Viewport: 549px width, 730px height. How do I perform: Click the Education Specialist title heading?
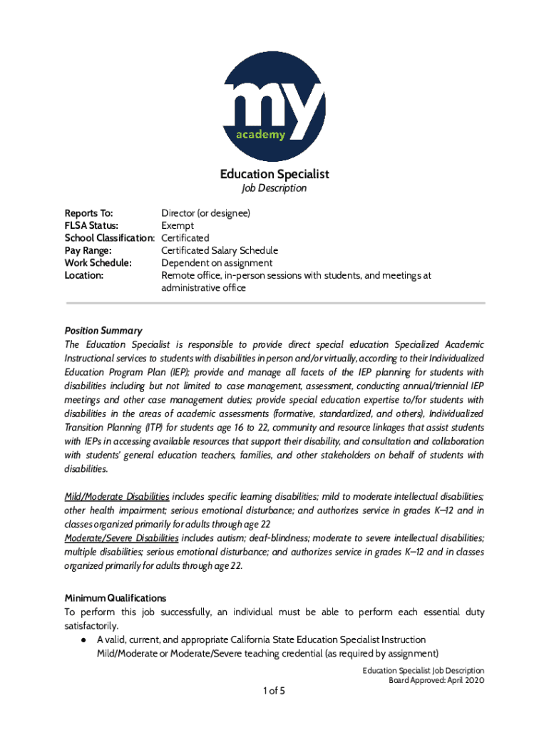(274, 174)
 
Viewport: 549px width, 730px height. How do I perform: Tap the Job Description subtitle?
(274, 188)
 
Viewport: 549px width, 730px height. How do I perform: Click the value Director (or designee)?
(205, 213)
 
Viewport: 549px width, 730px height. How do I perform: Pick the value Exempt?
(178, 226)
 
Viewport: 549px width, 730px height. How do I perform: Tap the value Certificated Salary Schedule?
(220, 251)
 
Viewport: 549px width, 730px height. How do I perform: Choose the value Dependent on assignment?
(217, 263)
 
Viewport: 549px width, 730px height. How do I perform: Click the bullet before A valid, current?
(83, 640)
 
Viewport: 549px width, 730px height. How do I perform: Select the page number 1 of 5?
(274, 691)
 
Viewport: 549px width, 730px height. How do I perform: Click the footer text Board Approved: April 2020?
(436, 681)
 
